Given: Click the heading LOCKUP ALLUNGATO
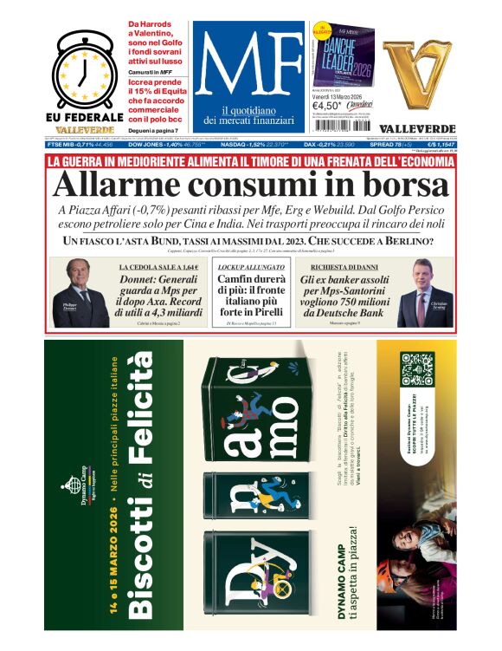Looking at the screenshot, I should pos(251,266).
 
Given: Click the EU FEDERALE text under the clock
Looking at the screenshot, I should pos(84,117).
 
